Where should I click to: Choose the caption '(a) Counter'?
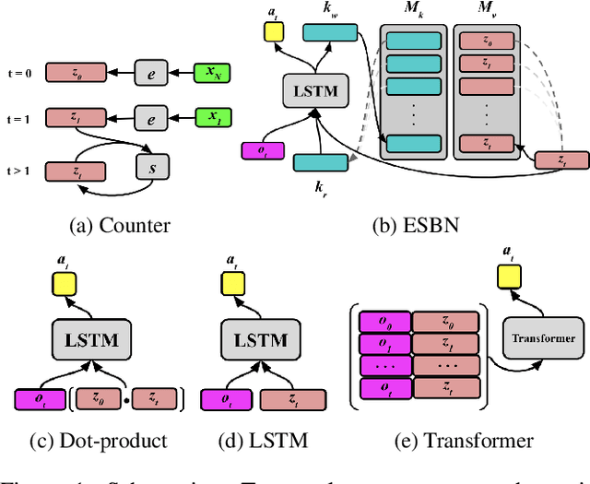click(x=121, y=222)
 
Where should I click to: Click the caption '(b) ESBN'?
click(x=399, y=222)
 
